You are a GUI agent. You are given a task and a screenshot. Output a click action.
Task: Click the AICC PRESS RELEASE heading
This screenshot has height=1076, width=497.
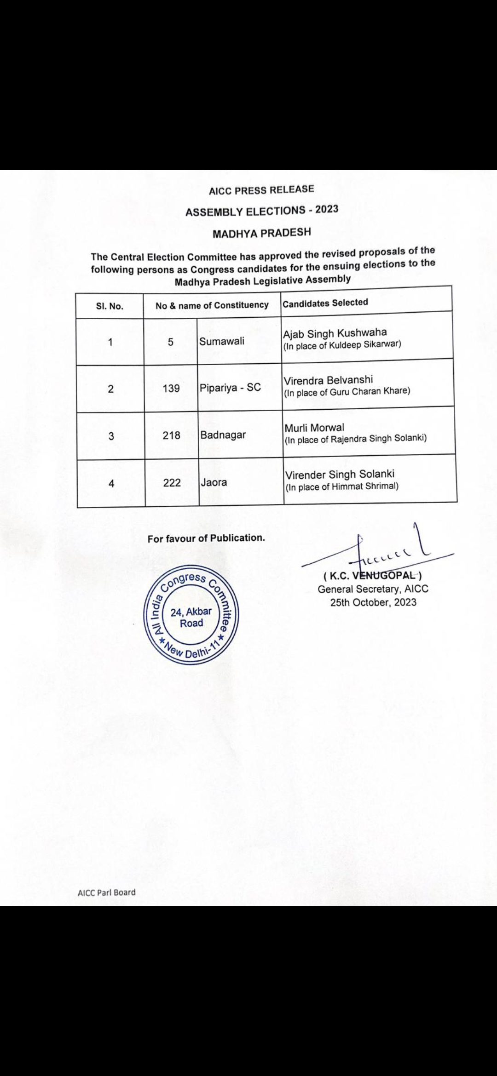[261, 190]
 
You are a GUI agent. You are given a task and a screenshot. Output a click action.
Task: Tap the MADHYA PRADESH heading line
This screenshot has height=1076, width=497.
[261, 233]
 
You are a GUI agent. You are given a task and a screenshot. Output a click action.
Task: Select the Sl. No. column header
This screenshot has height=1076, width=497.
[110, 306]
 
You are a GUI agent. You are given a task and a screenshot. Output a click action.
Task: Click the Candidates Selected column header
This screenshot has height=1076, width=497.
[325, 303]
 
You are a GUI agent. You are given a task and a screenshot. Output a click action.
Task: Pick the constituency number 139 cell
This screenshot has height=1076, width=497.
[171, 389]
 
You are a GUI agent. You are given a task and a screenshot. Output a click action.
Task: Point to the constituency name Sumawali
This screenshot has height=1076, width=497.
[222, 341]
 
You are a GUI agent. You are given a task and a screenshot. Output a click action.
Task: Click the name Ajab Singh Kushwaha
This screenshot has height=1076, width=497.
[335, 333]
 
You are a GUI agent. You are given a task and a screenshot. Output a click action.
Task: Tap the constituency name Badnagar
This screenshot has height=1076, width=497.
[223, 435]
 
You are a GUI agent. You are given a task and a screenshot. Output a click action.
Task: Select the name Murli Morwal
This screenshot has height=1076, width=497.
[314, 428]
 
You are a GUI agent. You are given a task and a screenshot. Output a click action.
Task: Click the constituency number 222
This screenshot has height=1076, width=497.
[172, 483]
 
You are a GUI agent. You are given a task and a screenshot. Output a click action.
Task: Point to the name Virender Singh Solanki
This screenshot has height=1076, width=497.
[340, 475]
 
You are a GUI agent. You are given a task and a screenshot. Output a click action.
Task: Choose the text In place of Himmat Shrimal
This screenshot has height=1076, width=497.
[342, 486]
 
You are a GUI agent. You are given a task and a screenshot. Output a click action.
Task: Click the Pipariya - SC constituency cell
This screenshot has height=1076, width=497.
[230, 388]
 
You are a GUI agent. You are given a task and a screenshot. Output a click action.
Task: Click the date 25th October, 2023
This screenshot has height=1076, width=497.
[373, 602]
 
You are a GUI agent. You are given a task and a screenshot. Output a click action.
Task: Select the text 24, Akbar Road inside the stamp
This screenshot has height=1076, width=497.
[191, 618]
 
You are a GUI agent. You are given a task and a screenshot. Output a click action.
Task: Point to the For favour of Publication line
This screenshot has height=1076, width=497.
[206, 538]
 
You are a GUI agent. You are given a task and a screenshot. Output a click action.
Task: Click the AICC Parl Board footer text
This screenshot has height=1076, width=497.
[107, 893]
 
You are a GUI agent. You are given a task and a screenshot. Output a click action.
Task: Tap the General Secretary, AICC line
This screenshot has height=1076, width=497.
[373, 589]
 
